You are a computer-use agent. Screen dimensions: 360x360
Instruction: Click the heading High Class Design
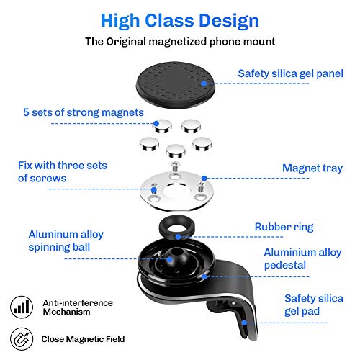coord(179,19)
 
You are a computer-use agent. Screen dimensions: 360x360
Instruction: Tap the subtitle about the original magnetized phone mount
coord(179,41)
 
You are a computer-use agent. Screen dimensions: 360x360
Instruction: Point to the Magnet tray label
coord(312,168)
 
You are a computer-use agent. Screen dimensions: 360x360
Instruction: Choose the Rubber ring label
coord(284,227)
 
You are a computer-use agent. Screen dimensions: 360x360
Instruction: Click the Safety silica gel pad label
coord(312,305)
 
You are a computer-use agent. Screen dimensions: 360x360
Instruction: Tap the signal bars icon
coord(22,307)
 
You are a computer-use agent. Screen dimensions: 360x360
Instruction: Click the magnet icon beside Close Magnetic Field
coord(22,338)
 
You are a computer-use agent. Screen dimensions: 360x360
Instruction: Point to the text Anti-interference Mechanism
coord(76,307)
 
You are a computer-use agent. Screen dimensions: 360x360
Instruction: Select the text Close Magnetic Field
coord(83,338)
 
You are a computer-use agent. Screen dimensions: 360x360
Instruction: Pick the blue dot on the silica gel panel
coord(204,83)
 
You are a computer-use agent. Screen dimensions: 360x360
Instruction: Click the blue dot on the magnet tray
coord(204,177)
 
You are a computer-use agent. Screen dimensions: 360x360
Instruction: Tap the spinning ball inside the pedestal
coord(173,257)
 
